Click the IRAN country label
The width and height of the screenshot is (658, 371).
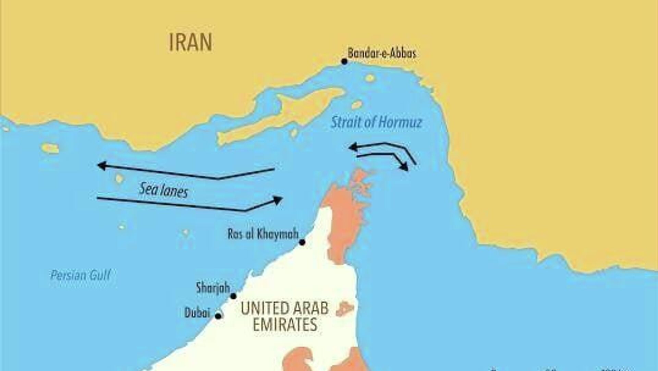coord(191,43)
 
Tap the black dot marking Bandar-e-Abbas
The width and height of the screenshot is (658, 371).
coord(344,62)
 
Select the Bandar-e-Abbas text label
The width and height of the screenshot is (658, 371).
coord(382,53)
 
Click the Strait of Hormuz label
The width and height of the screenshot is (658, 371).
coord(376,122)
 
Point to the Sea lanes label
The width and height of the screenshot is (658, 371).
coord(163,190)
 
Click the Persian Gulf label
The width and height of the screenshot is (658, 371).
coord(81,275)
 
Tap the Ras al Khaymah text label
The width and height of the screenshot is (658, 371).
coord(263,234)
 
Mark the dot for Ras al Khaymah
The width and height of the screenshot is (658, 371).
coord(302,242)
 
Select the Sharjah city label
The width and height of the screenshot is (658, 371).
coord(213,287)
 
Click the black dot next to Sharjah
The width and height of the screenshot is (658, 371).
coord(233,296)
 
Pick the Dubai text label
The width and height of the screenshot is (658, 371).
coord(197,313)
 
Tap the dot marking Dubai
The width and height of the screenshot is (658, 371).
coord(218,316)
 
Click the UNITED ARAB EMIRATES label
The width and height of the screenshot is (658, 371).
coord(284,316)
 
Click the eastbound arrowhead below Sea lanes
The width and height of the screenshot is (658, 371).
coord(278,200)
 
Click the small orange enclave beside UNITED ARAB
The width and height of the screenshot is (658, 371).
coord(344,309)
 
